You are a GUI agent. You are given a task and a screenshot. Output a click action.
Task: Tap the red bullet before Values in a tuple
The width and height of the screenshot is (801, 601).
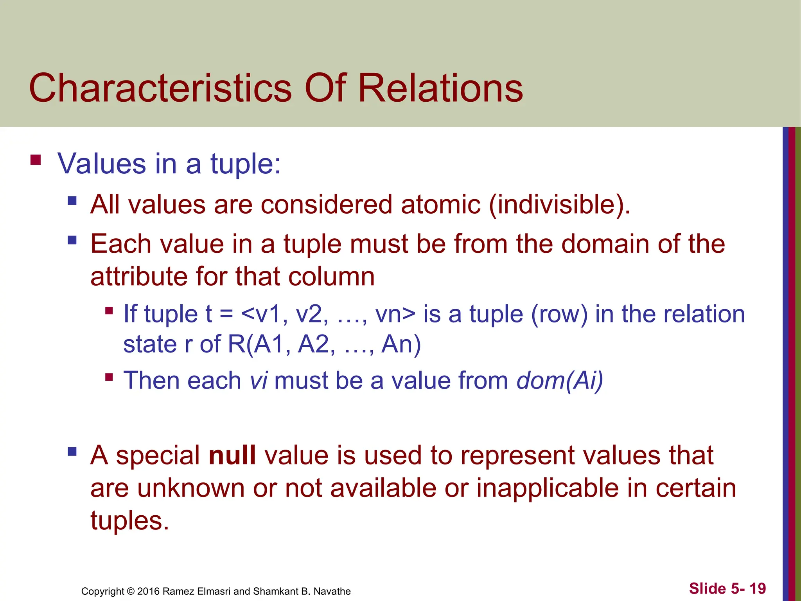point(36,160)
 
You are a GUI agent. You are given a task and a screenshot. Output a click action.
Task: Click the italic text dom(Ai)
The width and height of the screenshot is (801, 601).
point(560,380)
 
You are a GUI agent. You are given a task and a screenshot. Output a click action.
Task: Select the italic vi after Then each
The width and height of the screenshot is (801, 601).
point(259,380)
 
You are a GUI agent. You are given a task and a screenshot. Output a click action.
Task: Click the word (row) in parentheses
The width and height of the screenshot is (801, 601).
point(559,314)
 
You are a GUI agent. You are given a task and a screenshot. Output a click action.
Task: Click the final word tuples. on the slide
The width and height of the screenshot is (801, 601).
point(129,520)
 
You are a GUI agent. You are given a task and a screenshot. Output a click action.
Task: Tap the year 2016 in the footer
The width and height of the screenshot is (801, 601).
point(148,591)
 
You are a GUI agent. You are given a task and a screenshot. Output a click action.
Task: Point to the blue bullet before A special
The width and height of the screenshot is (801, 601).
point(72,452)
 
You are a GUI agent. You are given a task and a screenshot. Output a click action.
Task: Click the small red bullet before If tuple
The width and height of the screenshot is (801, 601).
point(109,311)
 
